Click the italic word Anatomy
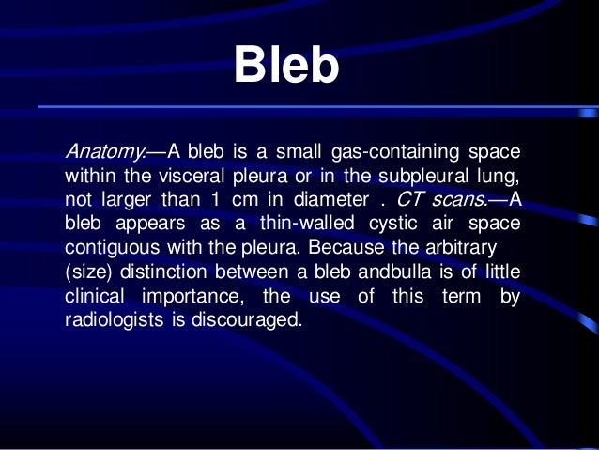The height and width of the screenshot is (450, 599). [100, 152]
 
